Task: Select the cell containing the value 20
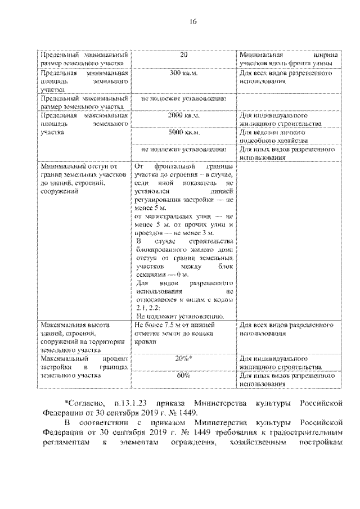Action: pyautogui.click(x=183, y=55)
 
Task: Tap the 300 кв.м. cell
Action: pyautogui.click(x=183, y=74)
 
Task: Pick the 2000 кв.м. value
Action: pyautogui.click(x=183, y=116)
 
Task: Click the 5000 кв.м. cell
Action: pyautogui.click(x=183, y=133)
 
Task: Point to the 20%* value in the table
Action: pyautogui.click(x=183, y=358)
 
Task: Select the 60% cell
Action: pyautogui.click(x=183, y=375)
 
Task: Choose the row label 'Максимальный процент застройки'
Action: pyautogui.click(x=84, y=366)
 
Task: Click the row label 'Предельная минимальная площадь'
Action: pyautogui.click(x=84, y=81)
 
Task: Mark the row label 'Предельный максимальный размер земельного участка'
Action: pyautogui.click(x=84, y=102)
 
